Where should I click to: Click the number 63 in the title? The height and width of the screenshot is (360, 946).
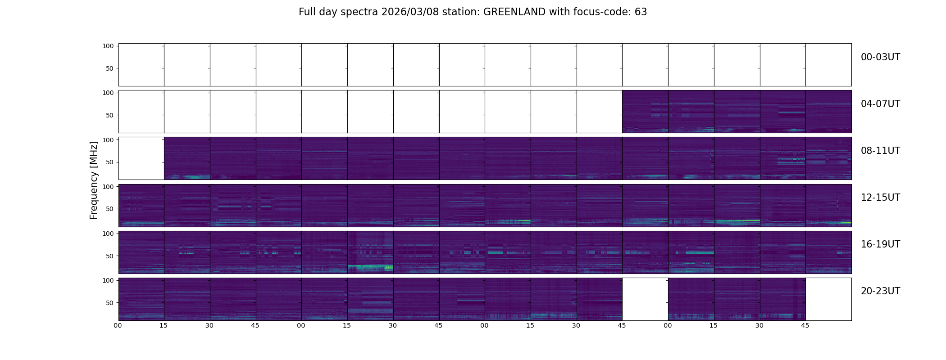pos(641,12)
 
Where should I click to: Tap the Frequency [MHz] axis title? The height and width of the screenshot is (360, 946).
pos(94,180)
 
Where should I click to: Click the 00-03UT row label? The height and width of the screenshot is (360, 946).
pos(880,57)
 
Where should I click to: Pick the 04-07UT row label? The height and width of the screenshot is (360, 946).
pos(880,104)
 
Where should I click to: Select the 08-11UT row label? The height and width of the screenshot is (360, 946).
pos(880,151)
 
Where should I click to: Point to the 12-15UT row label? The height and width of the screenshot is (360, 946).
pos(880,198)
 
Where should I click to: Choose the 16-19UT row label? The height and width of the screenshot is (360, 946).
pos(880,244)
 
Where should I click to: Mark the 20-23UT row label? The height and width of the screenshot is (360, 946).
pos(880,291)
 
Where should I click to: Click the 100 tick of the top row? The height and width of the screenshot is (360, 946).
pos(108,46)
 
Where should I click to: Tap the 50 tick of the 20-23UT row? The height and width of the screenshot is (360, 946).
pos(109,303)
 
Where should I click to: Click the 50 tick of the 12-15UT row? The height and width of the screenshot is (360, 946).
pos(109,209)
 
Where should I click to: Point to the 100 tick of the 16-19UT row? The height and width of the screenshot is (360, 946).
pos(108,234)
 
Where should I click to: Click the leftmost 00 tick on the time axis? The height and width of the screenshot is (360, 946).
pos(118,326)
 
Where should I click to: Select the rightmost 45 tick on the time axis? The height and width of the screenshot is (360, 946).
pos(805,326)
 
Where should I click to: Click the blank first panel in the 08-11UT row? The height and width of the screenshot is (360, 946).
pos(141,158)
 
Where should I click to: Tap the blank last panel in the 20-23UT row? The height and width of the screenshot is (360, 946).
pos(828,299)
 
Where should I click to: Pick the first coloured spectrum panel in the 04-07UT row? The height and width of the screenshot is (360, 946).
pos(645,112)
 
